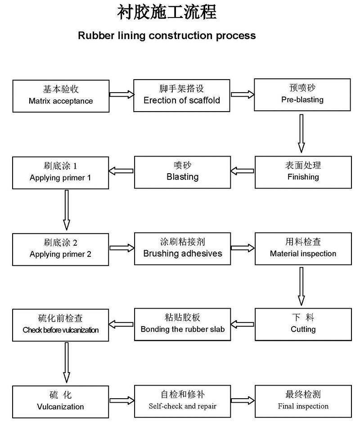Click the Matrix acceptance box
(x=61, y=95)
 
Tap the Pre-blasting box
(x=302, y=94)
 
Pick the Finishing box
(x=303, y=171)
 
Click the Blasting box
(x=182, y=172)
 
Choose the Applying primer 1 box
(x=61, y=172)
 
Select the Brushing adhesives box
(x=182, y=248)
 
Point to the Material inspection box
(x=303, y=248)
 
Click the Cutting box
(x=303, y=324)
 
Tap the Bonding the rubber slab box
(x=182, y=324)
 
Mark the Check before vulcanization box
(x=61, y=324)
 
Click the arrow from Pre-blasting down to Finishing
(x=301, y=134)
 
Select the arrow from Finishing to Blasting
(x=243, y=171)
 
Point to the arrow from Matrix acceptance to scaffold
(x=122, y=94)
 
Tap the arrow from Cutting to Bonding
(x=243, y=323)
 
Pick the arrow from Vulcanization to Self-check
(x=122, y=400)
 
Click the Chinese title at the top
(x=167, y=12)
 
